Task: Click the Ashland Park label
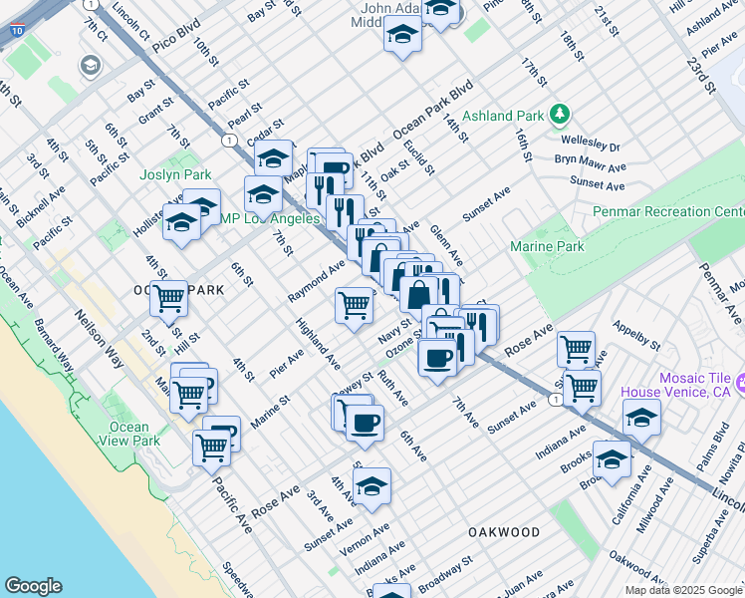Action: (x=503, y=116)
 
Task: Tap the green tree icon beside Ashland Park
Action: (x=560, y=116)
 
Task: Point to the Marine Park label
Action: (x=547, y=246)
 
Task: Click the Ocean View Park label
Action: (x=129, y=434)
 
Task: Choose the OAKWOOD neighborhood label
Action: (x=504, y=533)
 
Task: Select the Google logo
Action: (x=33, y=586)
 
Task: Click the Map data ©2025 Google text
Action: (x=682, y=590)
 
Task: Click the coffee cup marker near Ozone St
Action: (x=436, y=359)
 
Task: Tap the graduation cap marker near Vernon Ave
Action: (x=372, y=487)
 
